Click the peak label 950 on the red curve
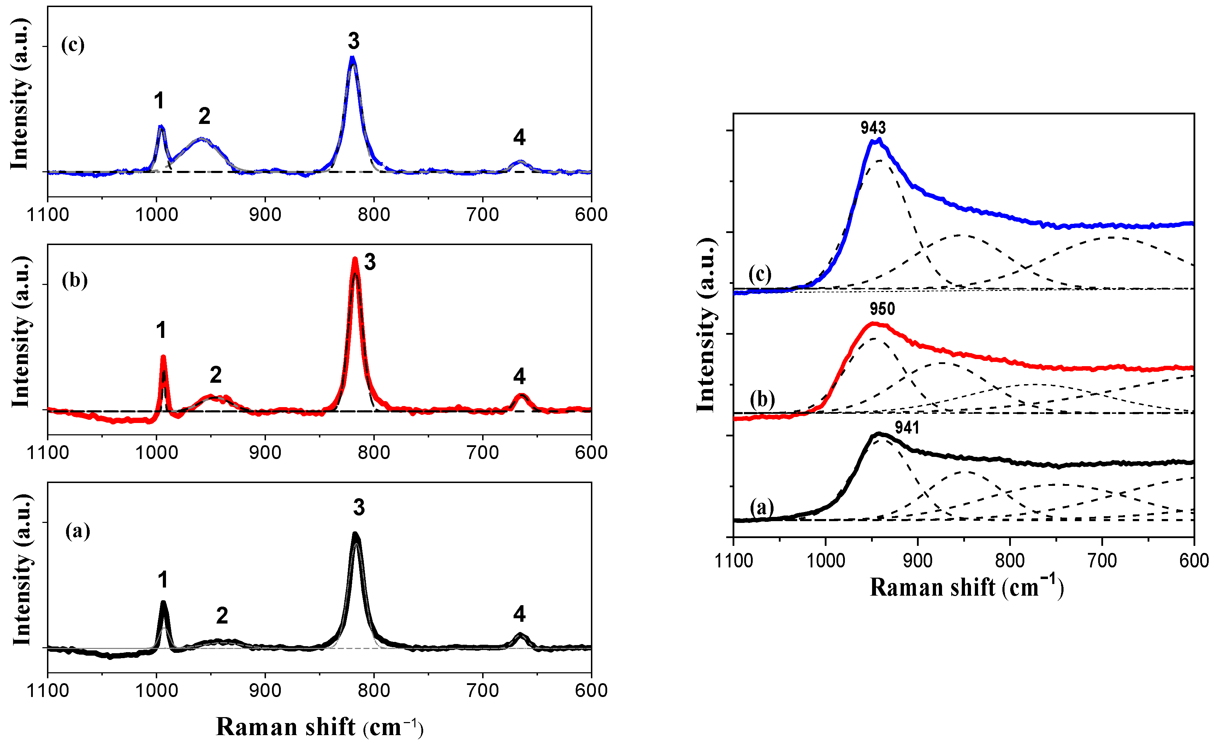point(882,309)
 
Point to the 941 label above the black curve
point(907,427)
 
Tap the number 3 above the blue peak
point(354,41)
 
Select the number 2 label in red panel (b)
point(215,375)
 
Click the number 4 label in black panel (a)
point(519,614)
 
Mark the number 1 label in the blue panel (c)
point(159,101)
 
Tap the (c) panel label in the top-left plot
point(72,45)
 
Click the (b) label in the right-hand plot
point(762,399)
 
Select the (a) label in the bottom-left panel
point(78,531)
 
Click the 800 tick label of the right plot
point(1009,561)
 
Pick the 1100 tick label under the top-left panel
point(48,215)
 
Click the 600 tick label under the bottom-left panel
point(591,690)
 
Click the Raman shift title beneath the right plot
point(966,587)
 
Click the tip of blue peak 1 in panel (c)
point(161,127)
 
